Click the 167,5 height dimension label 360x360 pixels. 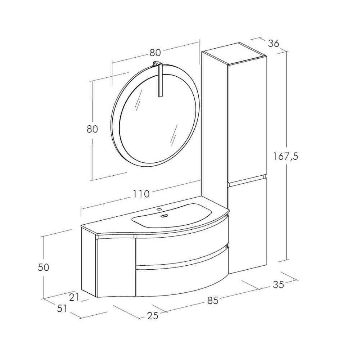[285, 157]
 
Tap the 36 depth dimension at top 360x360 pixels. [274, 43]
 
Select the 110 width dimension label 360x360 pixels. [141, 194]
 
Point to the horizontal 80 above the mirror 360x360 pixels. [155, 53]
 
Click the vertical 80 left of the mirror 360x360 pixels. [92, 129]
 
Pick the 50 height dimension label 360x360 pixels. [44, 267]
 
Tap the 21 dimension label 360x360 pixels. [74, 298]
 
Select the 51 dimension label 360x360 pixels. [62, 309]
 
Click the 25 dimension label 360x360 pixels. [153, 316]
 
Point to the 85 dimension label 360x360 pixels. [213, 301]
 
